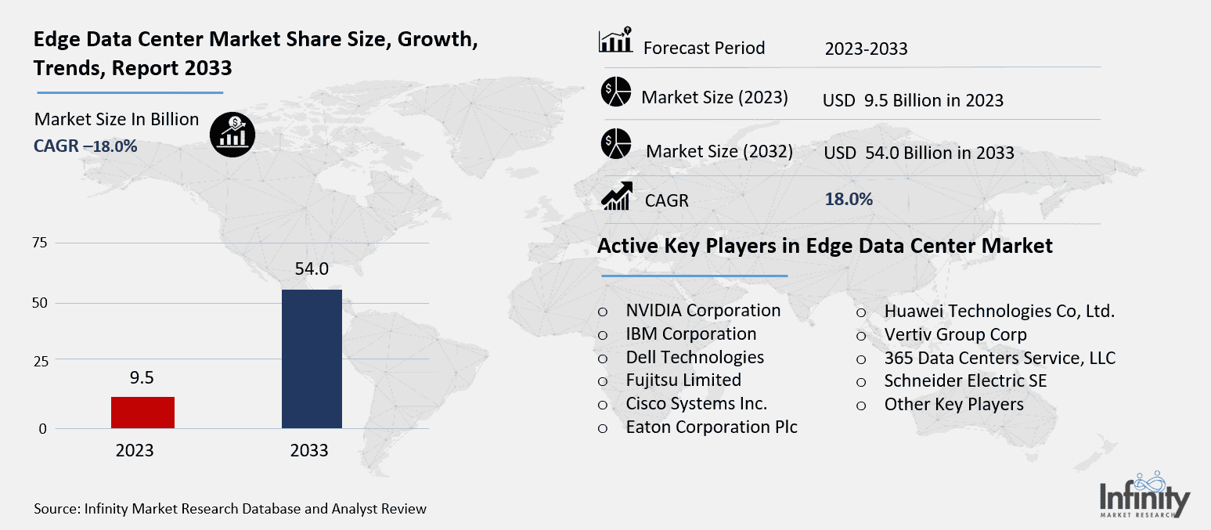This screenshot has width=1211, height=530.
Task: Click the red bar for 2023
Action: coord(142,413)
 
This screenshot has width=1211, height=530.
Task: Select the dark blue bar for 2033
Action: coord(312,359)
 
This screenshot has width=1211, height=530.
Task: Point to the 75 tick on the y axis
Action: coord(39,243)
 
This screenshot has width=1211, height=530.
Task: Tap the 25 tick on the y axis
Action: coord(39,361)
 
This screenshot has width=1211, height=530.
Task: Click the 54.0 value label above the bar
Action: coord(312,269)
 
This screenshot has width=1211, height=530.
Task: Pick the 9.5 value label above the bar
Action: coord(142,377)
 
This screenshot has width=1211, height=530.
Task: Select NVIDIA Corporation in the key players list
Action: coord(703,310)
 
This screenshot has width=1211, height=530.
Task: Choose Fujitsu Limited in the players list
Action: coord(683,380)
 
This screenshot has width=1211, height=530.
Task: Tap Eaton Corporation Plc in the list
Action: coord(711,427)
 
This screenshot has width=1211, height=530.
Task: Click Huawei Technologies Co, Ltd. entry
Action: coord(999,311)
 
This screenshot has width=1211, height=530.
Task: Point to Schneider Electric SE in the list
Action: coord(964,380)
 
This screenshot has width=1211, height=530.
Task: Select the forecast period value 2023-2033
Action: coord(866,49)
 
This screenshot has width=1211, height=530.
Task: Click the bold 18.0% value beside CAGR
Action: coord(849,199)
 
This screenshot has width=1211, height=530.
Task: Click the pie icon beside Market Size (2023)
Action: coord(616,92)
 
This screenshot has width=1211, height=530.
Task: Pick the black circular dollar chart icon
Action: coord(232,134)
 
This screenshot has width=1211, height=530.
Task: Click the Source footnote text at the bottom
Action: coord(230,509)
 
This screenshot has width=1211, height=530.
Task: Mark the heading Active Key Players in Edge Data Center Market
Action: coord(824,246)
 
